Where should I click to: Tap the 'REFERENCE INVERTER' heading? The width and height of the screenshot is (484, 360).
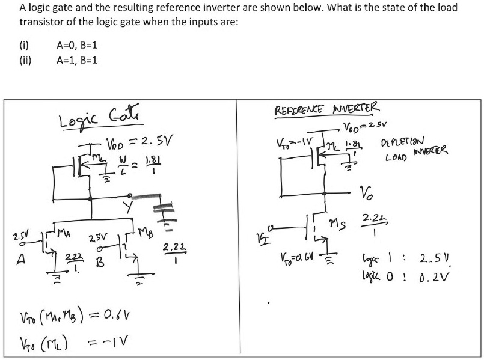tap(327, 111)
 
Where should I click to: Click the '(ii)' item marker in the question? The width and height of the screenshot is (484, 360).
tap(26, 59)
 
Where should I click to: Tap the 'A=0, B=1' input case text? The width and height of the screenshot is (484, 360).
tap(76, 45)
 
